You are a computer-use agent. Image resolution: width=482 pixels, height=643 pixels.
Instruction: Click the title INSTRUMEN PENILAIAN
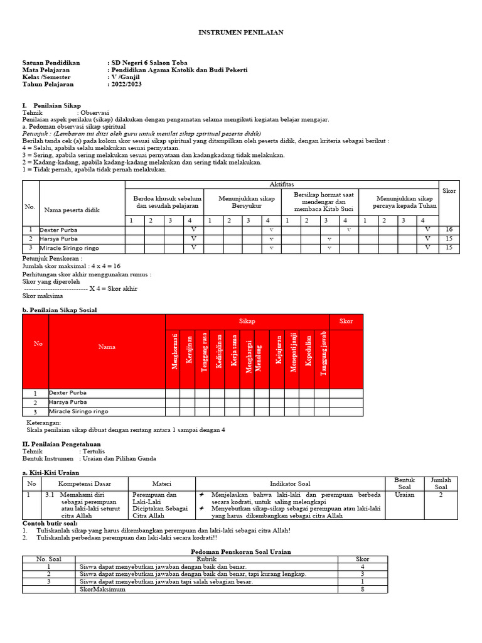coord(241,31)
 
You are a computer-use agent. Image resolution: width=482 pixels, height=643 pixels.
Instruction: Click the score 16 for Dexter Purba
coord(449,230)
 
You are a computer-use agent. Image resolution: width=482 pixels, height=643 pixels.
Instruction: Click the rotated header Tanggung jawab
coord(323,353)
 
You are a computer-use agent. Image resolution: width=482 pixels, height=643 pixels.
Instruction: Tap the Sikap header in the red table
coord(247,321)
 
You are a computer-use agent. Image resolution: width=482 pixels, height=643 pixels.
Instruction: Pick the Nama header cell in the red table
coord(107,347)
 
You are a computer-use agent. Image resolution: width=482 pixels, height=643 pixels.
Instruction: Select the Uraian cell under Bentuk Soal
coord(404,495)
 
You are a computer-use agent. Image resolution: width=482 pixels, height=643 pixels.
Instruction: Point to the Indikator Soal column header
coord(290,484)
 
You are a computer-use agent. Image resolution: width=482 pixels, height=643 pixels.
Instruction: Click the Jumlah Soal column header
coord(441,484)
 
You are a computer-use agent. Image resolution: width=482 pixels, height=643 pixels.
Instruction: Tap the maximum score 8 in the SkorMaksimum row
coord(362,590)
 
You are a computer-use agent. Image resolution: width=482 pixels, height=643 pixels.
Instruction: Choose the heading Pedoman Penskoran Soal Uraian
coord(241,551)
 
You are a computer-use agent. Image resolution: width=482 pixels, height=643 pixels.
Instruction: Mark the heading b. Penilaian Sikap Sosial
coord(60,310)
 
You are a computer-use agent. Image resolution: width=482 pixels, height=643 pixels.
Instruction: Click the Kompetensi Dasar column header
coord(84,484)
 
